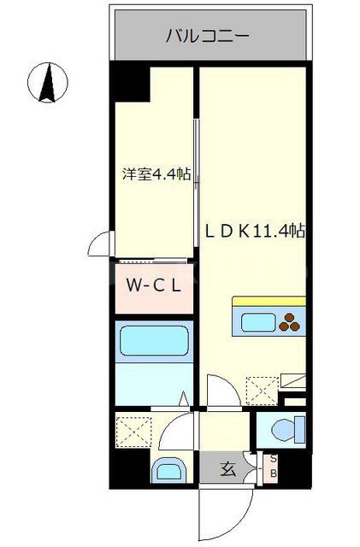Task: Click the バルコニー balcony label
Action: click(x=207, y=36)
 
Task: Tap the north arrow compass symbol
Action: click(x=47, y=84)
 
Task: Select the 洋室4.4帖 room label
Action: click(x=155, y=174)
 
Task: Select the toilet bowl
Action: click(x=283, y=427)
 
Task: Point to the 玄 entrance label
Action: click(x=227, y=468)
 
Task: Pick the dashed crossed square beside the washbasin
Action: click(x=133, y=430)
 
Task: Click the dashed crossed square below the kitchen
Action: click(x=259, y=391)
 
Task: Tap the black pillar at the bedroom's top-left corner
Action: click(x=132, y=84)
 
